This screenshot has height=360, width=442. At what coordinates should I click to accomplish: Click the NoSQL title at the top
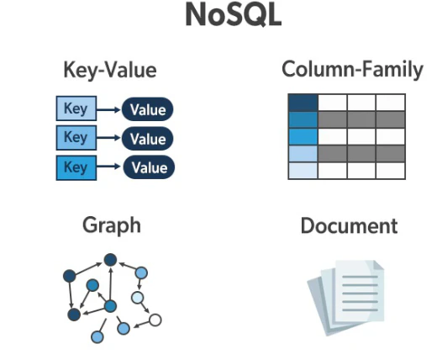(x=234, y=15)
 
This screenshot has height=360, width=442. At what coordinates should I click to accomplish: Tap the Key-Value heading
(x=110, y=70)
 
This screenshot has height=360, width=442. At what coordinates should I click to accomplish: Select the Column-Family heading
(x=352, y=70)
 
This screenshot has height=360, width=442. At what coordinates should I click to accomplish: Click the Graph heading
(x=112, y=225)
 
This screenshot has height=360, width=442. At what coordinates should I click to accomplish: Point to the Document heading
(x=349, y=225)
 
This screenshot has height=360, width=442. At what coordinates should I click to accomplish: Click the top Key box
(x=76, y=109)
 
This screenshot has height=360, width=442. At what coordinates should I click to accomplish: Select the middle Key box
(x=76, y=138)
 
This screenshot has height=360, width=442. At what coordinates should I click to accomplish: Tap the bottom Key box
(x=76, y=167)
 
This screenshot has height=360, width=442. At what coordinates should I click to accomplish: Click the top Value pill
(x=147, y=109)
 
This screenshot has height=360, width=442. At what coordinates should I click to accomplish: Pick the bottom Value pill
(x=149, y=167)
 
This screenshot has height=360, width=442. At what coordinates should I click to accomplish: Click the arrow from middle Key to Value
(x=108, y=138)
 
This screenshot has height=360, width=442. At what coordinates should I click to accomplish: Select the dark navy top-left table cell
(x=303, y=103)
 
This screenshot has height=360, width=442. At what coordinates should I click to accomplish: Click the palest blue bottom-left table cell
(x=303, y=171)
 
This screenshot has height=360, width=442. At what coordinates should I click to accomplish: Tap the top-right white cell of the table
(x=391, y=103)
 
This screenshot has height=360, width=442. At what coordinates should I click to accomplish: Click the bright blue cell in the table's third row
(x=303, y=137)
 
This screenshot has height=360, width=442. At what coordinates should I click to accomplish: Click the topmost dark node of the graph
(x=110, y=260)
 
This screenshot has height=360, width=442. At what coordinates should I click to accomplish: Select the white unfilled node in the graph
(x=155, y=320)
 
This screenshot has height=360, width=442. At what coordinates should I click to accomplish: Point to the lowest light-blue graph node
(x=97, y=336)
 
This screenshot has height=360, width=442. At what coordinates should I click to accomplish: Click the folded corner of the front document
(x=378, y=265)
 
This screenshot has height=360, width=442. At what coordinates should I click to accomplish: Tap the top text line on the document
(x=360, y=277)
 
